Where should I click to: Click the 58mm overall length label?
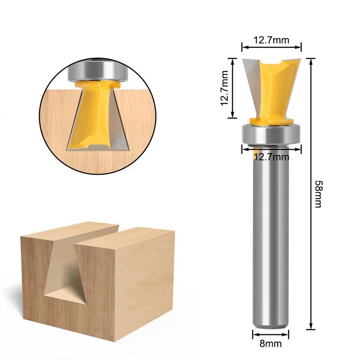pos(318,194)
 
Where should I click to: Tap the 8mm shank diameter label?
pos(270,344)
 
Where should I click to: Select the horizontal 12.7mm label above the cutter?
pos(271,40)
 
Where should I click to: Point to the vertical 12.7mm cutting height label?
pos(224,88)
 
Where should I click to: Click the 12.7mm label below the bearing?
pos(271,157)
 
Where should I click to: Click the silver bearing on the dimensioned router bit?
pos(272,134)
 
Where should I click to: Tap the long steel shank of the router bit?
pos(270,237)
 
